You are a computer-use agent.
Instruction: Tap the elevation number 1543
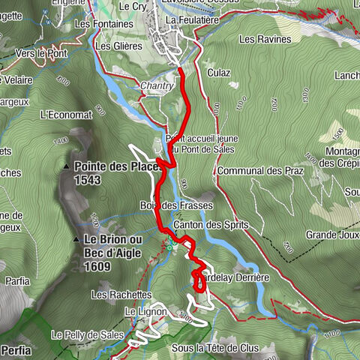[88, 181]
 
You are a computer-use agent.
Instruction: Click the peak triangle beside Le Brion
[76, 239]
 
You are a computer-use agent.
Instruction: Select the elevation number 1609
[98, 266]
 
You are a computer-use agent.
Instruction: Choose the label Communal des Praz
[259, 171]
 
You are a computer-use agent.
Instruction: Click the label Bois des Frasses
[176, 205]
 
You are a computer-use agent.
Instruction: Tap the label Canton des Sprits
[210, 225]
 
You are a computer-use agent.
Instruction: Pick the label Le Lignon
[141, 310]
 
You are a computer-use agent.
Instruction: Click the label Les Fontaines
[100, 23]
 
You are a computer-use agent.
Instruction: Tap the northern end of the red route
[182, 70]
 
